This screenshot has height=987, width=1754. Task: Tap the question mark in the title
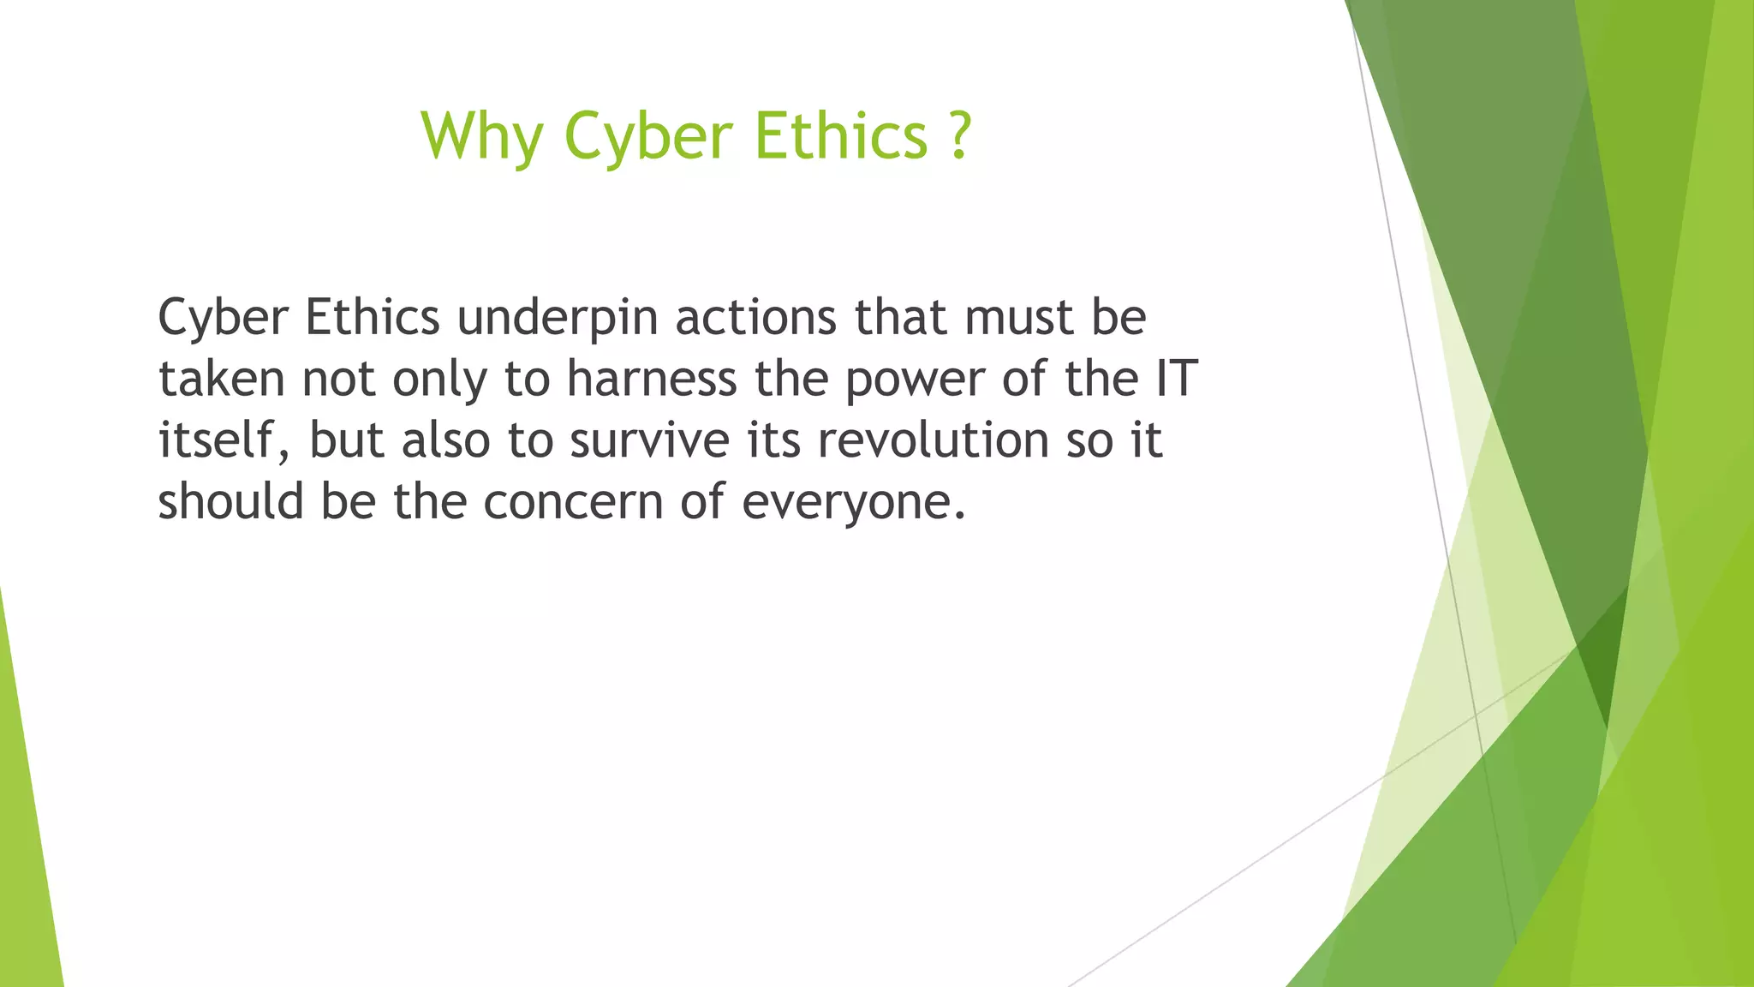(960, 135)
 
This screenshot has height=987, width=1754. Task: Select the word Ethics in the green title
(841, 135)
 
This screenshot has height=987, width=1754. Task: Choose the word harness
(652, 379)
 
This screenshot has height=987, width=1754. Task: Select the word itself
(215, 440)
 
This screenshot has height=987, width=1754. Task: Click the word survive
(649, 440)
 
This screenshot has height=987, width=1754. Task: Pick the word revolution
(933, 440)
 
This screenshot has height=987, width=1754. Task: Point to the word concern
(573, 502)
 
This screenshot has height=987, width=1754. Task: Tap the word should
(230, 501)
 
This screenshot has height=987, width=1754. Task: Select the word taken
(221, 379)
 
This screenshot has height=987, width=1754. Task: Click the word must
(1018, 318)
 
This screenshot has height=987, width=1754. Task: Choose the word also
(445, 440)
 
